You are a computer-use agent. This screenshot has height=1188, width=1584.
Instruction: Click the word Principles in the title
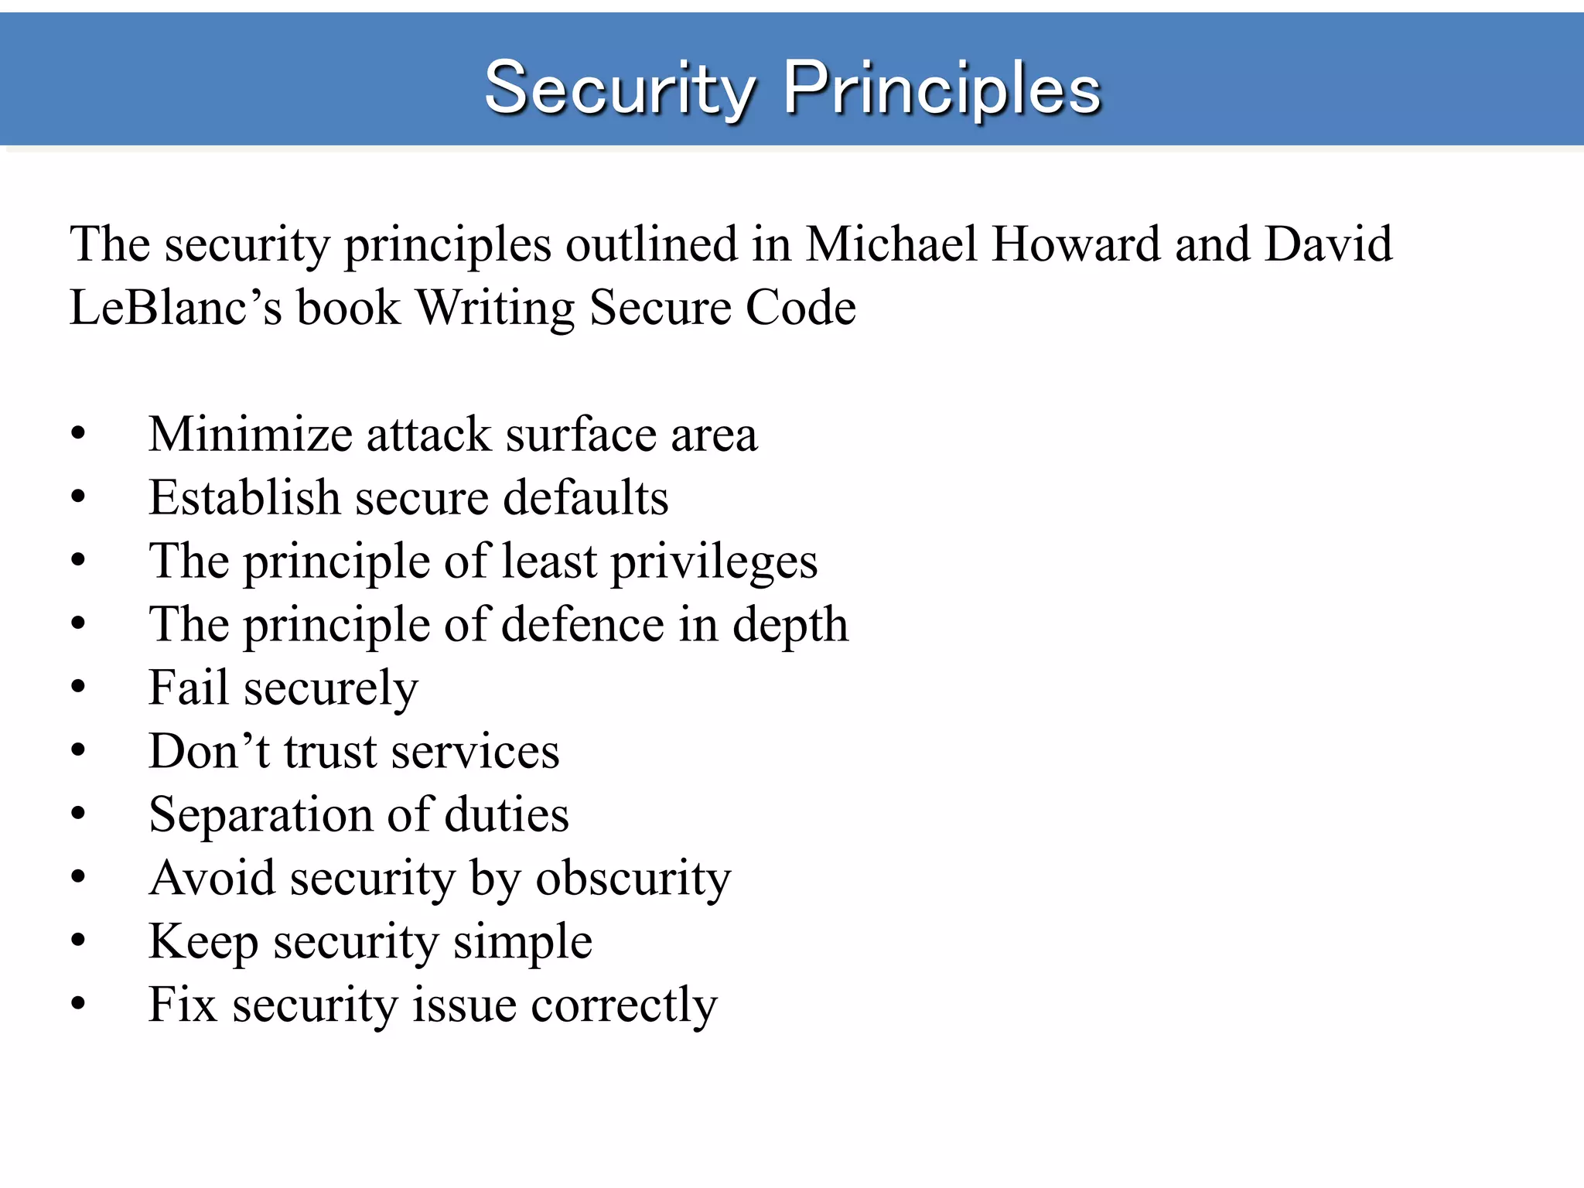(x=942, y=90)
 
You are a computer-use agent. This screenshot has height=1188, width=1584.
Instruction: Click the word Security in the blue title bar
(x=619, y=90)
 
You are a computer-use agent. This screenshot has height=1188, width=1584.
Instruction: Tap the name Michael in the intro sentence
(x=890, y=244)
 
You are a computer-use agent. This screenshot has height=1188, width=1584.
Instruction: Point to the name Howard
(x=1075, y=244)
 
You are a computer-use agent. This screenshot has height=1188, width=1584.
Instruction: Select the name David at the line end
(x=1328, y=244)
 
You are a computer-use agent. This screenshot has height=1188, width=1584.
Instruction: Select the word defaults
(x=585, y=497)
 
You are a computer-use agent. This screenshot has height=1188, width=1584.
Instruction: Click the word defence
(x=582, y=624)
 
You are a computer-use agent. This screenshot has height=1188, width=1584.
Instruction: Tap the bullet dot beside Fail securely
(x=78, y=688)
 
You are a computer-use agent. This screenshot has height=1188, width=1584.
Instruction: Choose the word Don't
(x=209, y=751)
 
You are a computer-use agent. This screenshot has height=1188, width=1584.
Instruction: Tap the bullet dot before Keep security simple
(x=78, y=941)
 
